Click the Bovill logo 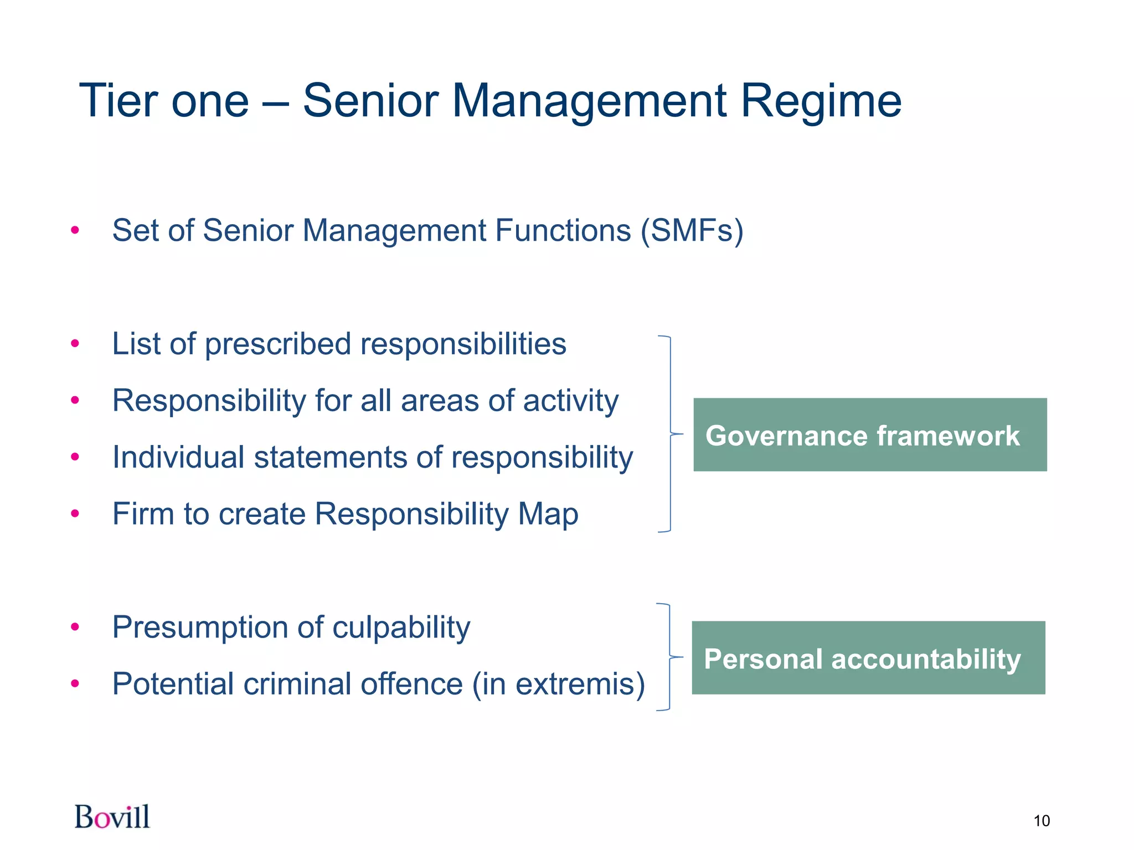[112, 817]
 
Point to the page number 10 [1041, 821]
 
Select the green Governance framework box [869, 435]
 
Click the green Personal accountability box [868, 658]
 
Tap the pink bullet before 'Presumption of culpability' [75, 628]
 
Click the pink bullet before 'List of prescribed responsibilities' [75, 344]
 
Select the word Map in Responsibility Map [548, 514]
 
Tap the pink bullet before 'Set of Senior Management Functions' [75, 231]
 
